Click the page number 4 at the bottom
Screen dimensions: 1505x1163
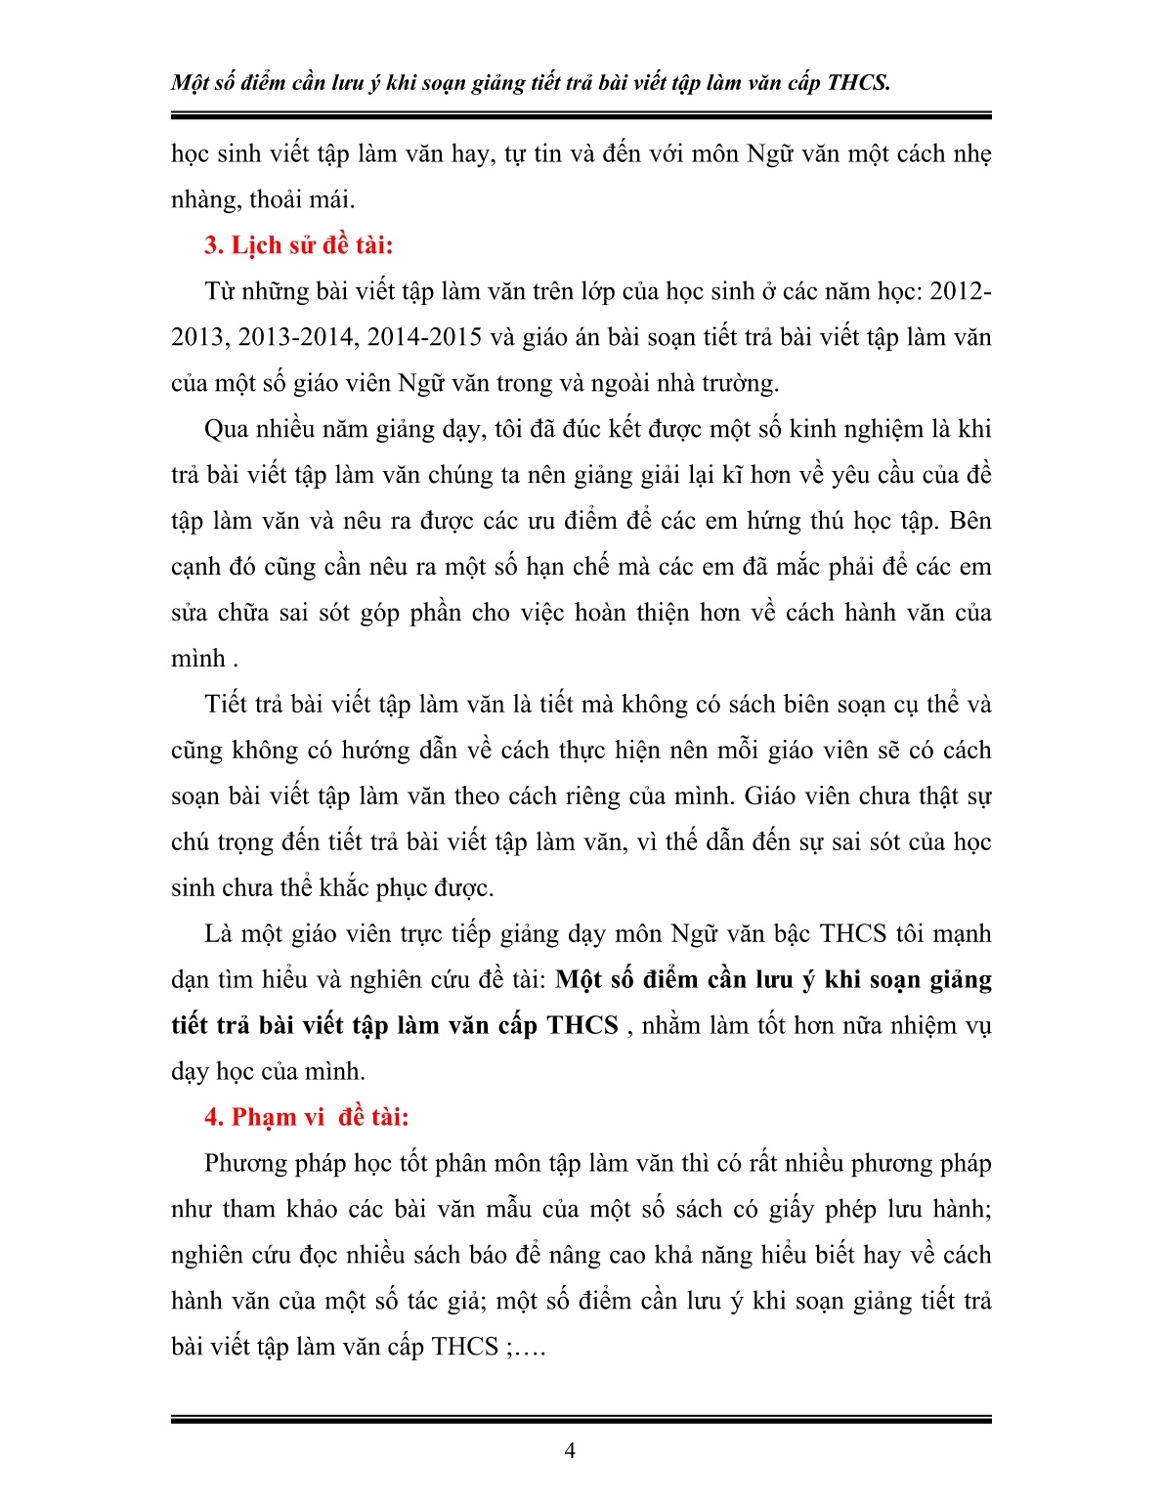pos(570,1451)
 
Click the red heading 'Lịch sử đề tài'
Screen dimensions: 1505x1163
pos(298,244)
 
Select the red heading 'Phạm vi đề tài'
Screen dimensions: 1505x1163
pos(306,1117)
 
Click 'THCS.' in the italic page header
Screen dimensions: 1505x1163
pos(858,82)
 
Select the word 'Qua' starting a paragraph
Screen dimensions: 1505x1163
pos(226,429)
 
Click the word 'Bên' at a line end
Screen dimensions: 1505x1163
pos(969,521)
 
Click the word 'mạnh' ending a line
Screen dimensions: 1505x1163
pos(962,934)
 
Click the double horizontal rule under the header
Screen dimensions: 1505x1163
pos(581,116)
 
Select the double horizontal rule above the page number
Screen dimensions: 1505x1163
pos(581,1419)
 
